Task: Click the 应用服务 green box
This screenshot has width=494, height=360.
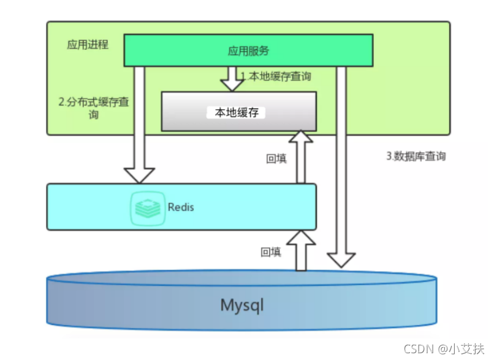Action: click(248, 50)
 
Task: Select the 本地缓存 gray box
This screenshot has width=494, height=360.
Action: click(238, 112)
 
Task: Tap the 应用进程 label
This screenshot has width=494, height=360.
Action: click(88, 45)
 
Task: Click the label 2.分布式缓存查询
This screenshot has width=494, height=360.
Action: click(93, 108)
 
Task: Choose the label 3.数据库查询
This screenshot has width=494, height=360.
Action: click(416, 156)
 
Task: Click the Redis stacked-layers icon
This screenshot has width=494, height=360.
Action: click(147, 207)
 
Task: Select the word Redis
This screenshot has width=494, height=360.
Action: click(181, 207)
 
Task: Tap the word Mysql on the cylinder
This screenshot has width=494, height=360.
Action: click(242, 305)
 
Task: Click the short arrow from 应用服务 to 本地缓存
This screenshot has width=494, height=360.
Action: click(232, 77)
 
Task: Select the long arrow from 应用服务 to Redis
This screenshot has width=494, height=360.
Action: click(139, 123)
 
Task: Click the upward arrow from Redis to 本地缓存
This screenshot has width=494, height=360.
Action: click(300, 156)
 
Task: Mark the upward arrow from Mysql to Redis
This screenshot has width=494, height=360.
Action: click(300, 250)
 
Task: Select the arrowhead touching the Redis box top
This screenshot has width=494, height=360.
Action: click(139, 174)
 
